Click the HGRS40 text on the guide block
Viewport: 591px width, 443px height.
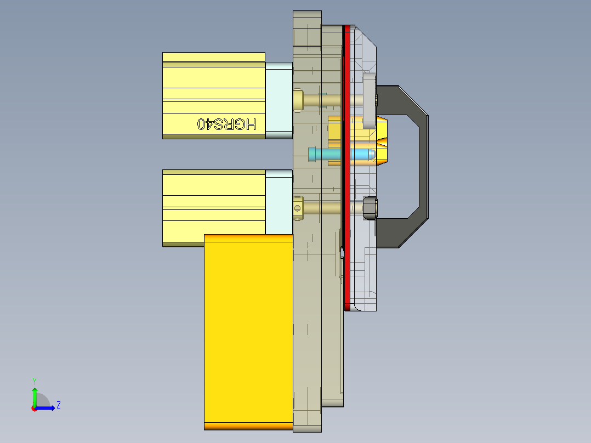[226, 124]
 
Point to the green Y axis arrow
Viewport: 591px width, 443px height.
[34, 394]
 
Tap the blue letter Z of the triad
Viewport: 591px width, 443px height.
[58, 405]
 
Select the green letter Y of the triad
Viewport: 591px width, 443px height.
[34, 380]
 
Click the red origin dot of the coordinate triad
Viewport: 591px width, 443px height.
[34, 408]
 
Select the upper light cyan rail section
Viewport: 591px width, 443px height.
[279, 100]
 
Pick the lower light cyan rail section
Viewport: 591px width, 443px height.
[279, 202]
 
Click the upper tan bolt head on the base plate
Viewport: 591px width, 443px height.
[298, 100]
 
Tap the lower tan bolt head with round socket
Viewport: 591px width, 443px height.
[298, 208]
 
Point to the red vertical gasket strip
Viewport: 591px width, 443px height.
[346, 164]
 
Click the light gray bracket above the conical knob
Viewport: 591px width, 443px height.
[368, 99]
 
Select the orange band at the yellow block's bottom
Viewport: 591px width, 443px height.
[248, 426]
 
